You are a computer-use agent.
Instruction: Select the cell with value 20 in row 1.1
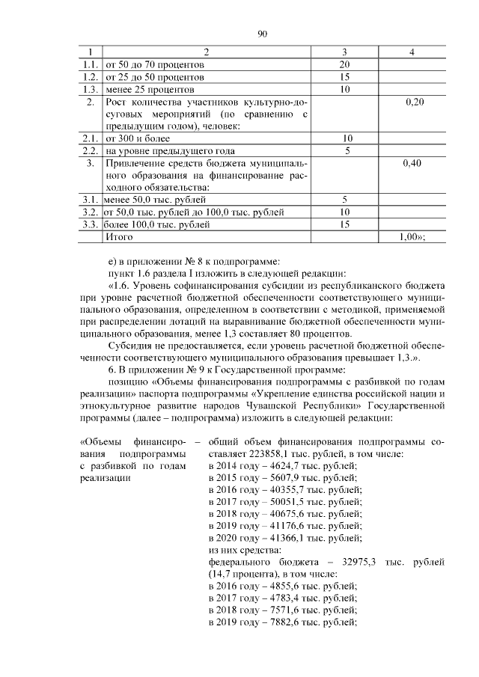click(x=345, y=65)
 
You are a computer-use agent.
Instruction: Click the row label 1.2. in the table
click(x=90, y=77)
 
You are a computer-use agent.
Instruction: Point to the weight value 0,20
click(x=414, y=102)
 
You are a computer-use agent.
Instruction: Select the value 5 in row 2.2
click(x=346, y=150)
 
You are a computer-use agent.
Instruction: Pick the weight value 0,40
click(x=414, y=163)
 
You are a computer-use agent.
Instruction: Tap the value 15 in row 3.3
click(x=345, y=224)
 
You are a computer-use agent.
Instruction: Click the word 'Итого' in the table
click(x=120, y=236)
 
